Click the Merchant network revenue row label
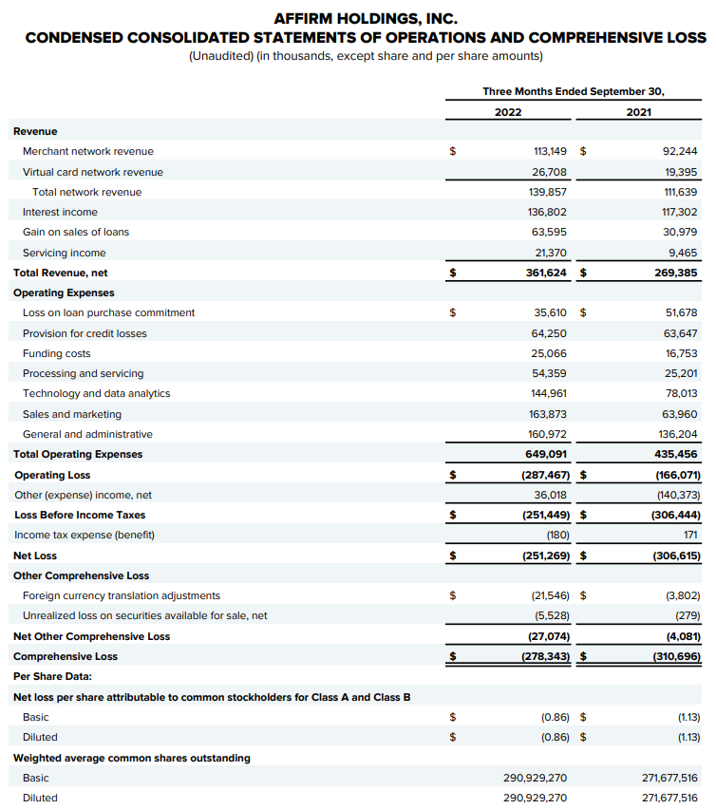[x=87, y=151]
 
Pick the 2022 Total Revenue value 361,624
[x=546, y=273]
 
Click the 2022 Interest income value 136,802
[x=548, y=212]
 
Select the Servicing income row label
[x=64, y=253]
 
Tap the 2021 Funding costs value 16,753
[x=678, y=353]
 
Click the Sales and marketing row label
[x=72, y=414]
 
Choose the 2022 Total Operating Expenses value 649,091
[x=546, y=454]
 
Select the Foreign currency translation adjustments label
[x=122, y=595]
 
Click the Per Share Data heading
[x=52, y=676]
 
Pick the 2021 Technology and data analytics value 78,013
[x=678, y=393]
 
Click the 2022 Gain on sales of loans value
[x=551, y=232]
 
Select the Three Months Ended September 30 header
[x=574, y=91]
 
